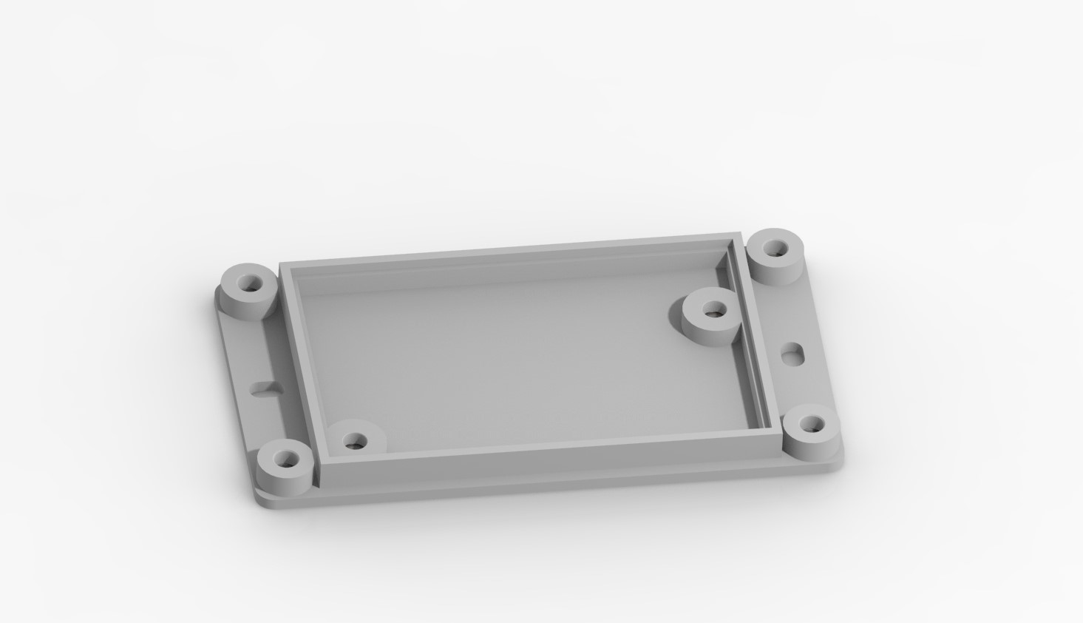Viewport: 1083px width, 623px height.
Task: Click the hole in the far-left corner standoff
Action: (x=245, y=282)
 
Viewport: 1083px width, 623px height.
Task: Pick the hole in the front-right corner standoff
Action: (x=812, y=425)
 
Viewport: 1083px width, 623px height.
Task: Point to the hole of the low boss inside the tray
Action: (x=357, y=442)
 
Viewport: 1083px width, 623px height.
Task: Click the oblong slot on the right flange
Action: (x=793, y=353)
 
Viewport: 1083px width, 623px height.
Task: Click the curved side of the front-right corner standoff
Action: (x=809, y=445)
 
